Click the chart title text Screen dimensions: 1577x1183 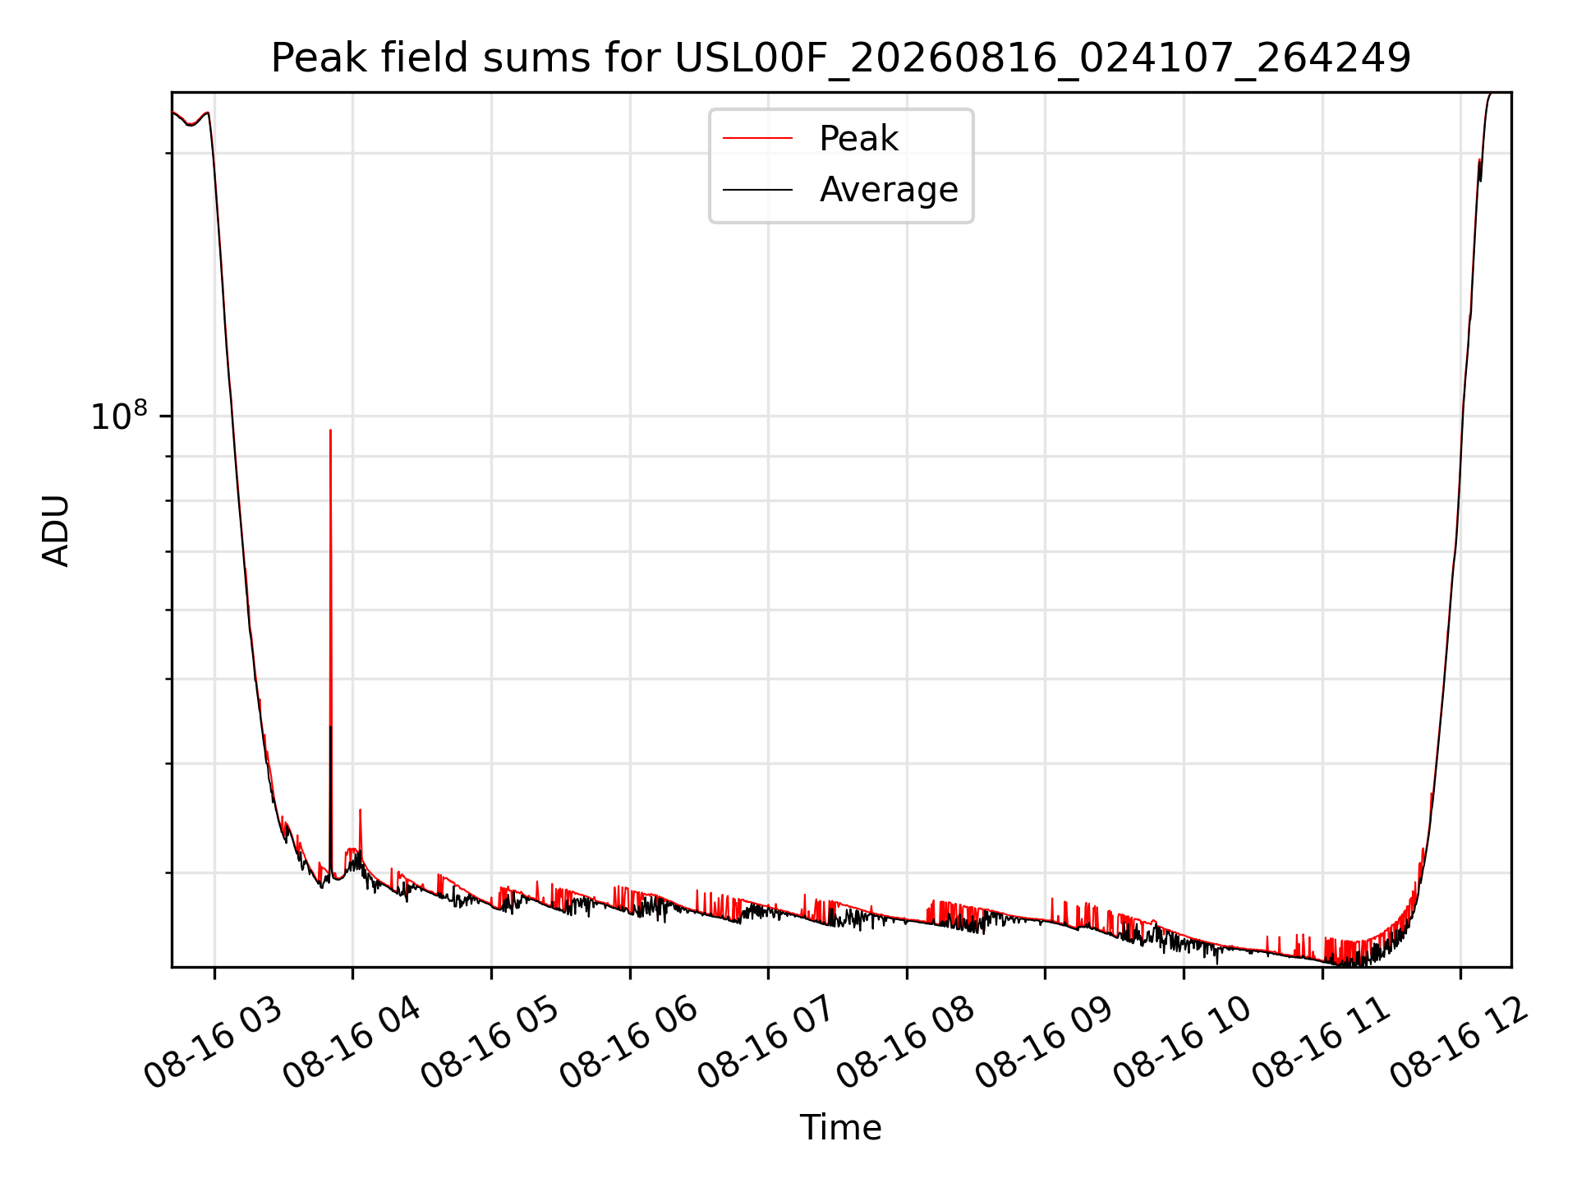pyautogui.click(x=841, y=58)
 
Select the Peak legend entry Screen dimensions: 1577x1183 pyautogui.click(x=858, y=138)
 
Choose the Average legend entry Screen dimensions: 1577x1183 pyautogui.click(x=889, y=190)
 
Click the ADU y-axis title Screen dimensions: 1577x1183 pyautogui.click(x=56, y=530)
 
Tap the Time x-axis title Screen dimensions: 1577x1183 pyautogui.click(x=841, y=1127)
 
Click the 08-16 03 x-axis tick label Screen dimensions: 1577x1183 pyautogui.click(x=213, y=1043)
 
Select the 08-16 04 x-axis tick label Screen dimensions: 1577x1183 pyautogui.click(x=352, y=1043)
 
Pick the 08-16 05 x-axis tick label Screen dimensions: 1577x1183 pyautogui.click(x=490, y=1043)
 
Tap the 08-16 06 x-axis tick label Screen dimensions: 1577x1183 pyautogui.click(x=628, y=1043)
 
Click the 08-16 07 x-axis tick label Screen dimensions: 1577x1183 pyautogui.click(x=767, y=1043)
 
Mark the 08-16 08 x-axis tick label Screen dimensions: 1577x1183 pyautogui.click(x=905, y=1043)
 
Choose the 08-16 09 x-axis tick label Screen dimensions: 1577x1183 pyautogui.click(x=1044, y=1043)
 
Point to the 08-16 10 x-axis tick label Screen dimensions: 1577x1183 pyautogui.click(x=1182, y=1043)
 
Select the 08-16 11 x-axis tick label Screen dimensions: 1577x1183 pyautogui.click(x=1321, y=1043)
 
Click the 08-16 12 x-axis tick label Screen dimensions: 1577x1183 pyautogui.click(x=1460, y=1043)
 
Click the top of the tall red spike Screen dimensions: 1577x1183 pyautogui.click(x=330, y=430)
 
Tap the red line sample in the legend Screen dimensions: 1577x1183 pyautogui.click(x=757, y=139)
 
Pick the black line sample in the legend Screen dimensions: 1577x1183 pyautogui.click(x=757, y=190)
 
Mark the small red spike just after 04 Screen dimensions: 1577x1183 pyautogui.click(x=360, y=810)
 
